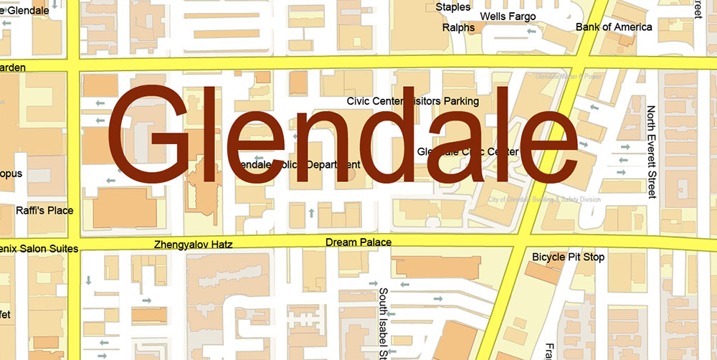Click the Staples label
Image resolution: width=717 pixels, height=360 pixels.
tap(453, 7)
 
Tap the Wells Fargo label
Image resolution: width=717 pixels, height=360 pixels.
tap(508, 16)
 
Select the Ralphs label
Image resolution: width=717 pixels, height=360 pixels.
tap(458, 28)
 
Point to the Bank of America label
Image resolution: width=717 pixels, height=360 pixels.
tap(614, 27)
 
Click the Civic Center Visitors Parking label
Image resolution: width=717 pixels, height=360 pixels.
tap(412, 101)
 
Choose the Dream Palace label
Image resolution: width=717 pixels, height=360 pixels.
tap(358, 242)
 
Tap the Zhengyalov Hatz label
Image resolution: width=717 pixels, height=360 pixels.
tap(194, 245)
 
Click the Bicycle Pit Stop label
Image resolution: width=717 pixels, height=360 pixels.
tap(568, 257)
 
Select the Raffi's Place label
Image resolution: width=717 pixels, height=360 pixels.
tap(44, 211)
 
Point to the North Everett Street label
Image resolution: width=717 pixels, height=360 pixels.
tap(651, 152)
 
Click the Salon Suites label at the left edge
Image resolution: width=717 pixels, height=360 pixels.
tap(39, 248)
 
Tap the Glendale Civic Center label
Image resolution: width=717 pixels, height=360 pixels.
tap(467, 152)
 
